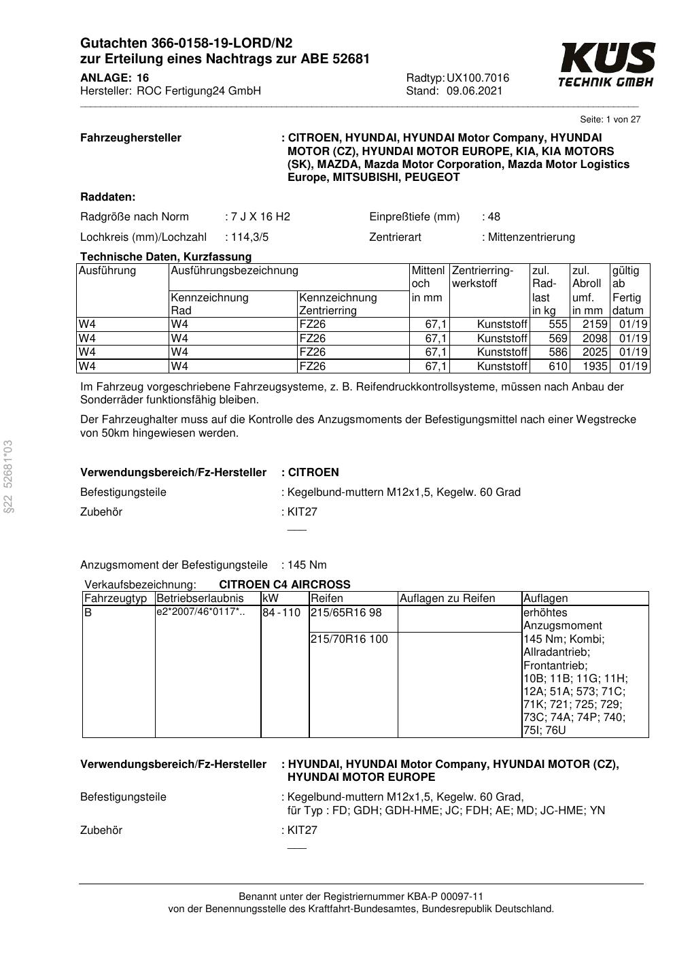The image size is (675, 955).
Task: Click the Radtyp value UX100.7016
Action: tap(477, 78)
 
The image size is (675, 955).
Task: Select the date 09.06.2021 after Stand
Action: tap(474, 90)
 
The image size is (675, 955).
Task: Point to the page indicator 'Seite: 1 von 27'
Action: tap(610, 119)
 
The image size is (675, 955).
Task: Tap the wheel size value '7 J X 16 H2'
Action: tap(260, 217)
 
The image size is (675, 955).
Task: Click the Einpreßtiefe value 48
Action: tap(494, 217)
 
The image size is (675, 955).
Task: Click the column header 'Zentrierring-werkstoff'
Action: tap(483, 277)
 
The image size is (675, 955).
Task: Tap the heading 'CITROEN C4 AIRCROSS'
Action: tap(285, 584)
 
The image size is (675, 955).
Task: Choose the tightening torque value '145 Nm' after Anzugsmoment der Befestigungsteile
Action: tap(307, 565)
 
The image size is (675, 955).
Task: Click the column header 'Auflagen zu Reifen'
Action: tap(447, 599)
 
